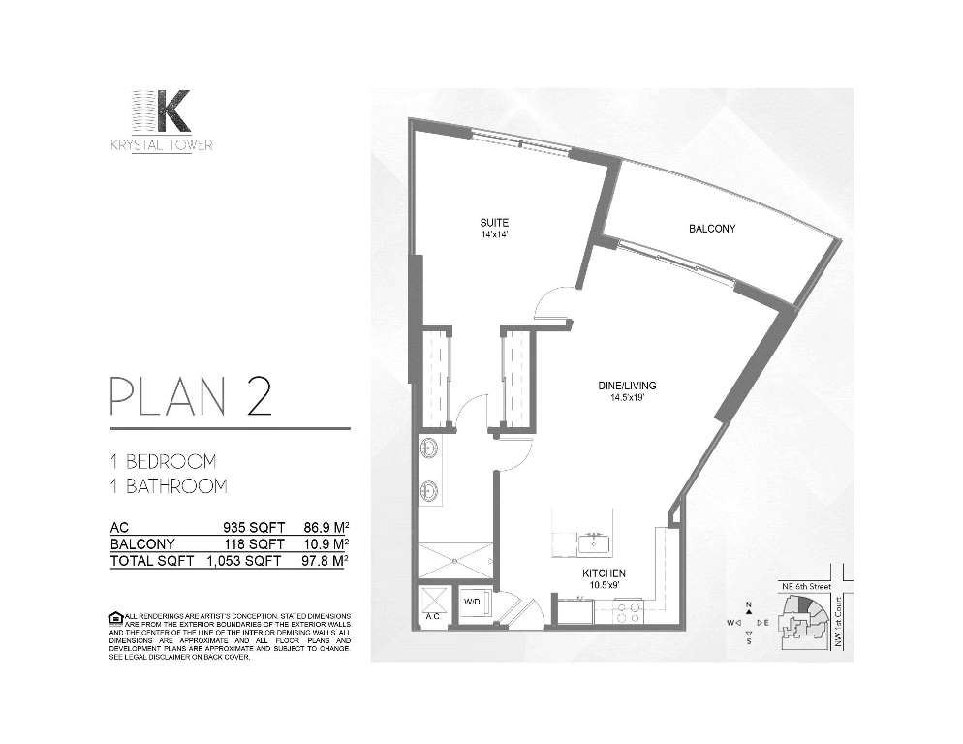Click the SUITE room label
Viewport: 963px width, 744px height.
point(495,221)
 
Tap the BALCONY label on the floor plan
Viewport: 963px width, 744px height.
point(712,229)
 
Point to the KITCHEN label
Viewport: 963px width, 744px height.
point(604,573)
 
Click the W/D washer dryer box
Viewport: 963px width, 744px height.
point(473,602)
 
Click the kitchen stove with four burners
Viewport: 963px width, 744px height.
point(627,611)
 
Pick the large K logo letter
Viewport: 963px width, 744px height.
point(172,111)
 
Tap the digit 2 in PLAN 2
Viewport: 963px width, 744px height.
point(259,399)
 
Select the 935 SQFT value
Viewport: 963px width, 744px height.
point(253,528)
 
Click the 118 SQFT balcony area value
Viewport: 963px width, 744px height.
point(253,544)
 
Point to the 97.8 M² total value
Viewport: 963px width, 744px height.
point(326,561)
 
